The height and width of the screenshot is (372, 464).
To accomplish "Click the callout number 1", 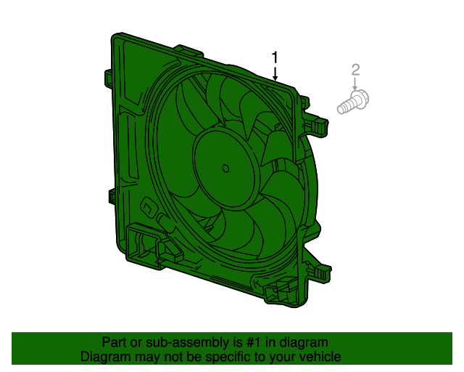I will (275, 57).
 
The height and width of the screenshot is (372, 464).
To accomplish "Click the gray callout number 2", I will (355, 70).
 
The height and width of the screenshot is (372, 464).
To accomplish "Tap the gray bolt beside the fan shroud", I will (353, 102).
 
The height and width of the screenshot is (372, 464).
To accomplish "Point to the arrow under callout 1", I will (275, 73).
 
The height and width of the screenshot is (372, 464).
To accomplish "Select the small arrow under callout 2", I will (355, 84).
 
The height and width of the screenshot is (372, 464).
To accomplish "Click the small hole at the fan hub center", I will (225, 169).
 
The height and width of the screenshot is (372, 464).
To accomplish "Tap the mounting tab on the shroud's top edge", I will (189, 52).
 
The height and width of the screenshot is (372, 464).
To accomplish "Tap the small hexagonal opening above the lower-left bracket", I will (147, 207).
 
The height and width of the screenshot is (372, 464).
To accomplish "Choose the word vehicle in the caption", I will (320, 357).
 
